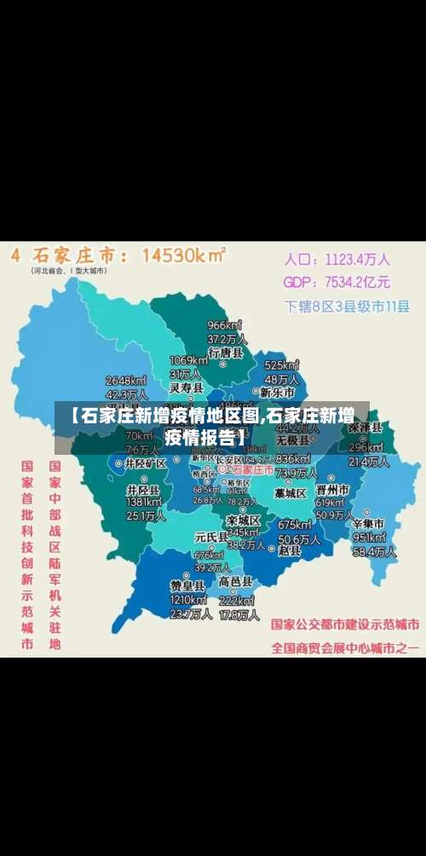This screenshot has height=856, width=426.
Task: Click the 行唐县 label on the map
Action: click(226, 352)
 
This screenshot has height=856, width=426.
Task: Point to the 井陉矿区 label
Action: click(145, 463)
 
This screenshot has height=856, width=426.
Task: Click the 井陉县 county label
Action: click(143, 491)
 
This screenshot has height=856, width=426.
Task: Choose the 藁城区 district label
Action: click(290, 492)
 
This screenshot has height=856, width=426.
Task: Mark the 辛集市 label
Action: click(368, 523)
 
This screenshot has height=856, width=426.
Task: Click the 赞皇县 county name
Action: click(187, 586)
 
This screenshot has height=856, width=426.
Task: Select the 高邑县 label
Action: click(236, 581)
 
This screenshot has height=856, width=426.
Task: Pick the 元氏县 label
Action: click(210, 537)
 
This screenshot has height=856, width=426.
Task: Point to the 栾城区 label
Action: click(243, 520)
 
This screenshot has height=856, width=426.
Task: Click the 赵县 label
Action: click(291, 551)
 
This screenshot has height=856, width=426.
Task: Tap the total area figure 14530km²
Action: click(183, 254)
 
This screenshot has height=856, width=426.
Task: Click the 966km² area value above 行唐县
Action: click(225, 325)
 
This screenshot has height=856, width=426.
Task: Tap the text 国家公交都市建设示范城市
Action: click(344, 623)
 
